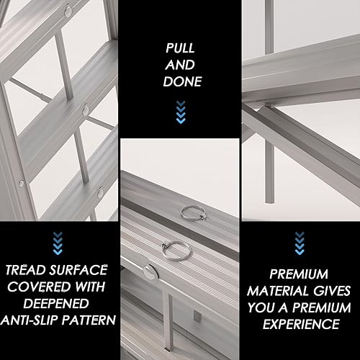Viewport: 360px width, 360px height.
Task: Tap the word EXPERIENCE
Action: (299, 324)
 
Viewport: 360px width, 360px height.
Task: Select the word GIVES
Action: (328, 291)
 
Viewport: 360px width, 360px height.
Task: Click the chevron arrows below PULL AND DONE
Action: (180, 109)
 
